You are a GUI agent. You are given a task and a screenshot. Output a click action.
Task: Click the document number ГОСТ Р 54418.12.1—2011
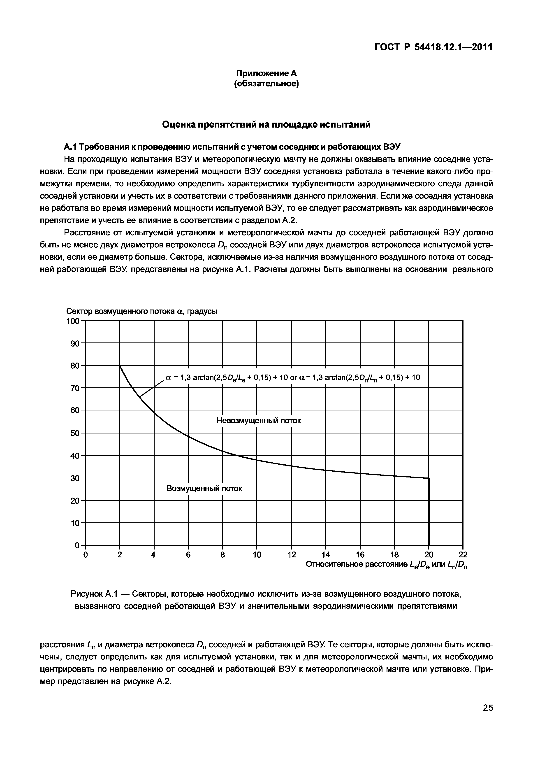click(433, 47)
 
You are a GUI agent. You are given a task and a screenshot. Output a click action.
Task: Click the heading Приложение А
click(266, 73)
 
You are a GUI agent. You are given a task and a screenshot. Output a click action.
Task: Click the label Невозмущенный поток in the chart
click(258, 421)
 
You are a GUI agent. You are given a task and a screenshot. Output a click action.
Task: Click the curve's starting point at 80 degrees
click(120, 366)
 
